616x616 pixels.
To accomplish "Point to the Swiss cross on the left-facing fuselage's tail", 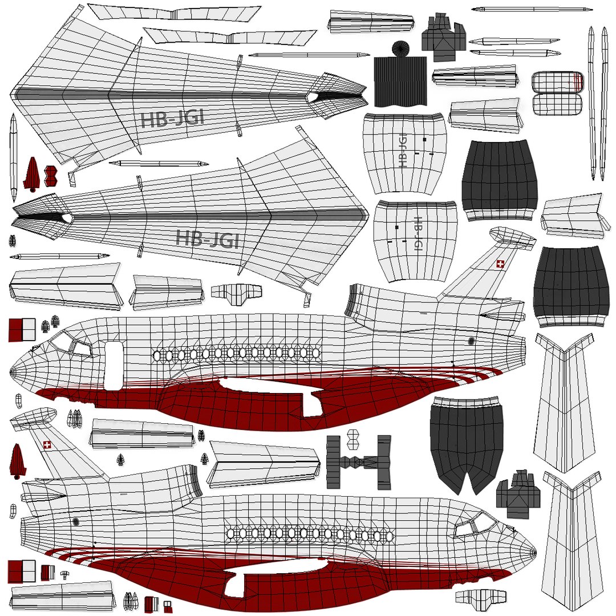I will point(500,264).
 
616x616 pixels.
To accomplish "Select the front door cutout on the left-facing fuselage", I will point(114,365).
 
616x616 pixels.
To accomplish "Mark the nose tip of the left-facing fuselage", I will point(12,371).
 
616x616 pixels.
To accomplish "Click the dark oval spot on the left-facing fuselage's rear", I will point(471,341).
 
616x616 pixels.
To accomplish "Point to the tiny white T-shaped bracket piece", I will point(64,573).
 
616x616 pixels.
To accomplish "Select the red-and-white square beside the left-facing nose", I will point(22,330).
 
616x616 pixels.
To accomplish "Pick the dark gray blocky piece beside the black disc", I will point(444,37).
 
